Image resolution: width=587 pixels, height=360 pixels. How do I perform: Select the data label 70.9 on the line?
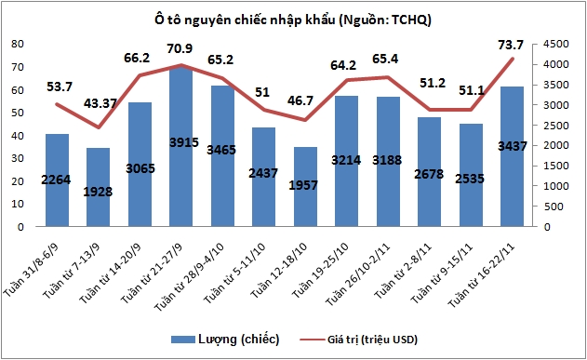(180, 47)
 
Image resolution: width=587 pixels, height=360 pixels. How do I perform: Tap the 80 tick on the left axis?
(17, 44)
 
